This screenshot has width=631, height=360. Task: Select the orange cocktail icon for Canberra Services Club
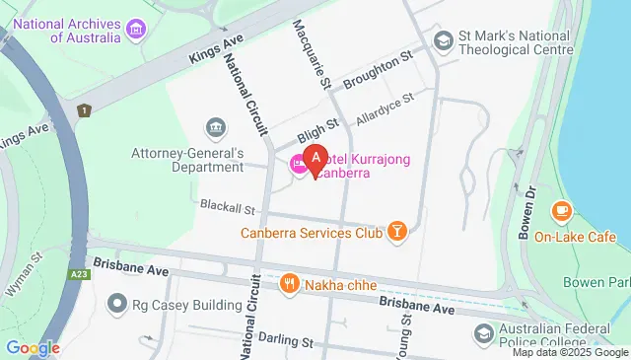click(x=396, y=232)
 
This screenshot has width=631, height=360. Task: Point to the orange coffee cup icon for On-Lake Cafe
click(x=561, y=211)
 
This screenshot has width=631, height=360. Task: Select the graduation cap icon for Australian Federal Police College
click(x=483, y=334)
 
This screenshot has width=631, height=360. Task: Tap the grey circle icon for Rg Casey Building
click(x=118, y=304)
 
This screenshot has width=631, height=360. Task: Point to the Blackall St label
click(x=228, y=208)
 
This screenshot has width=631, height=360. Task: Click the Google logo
click(x=33, y=347)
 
